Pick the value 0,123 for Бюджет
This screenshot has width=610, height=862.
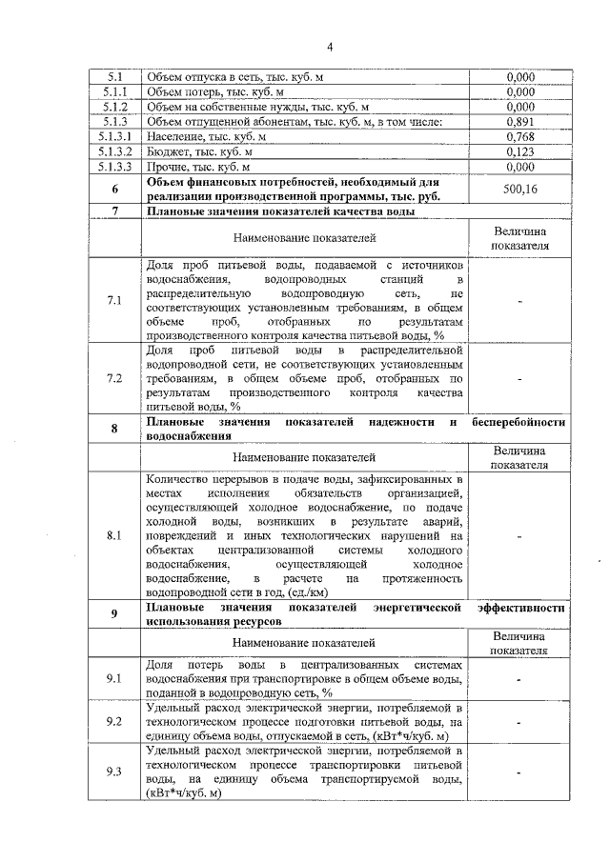coord(519,151)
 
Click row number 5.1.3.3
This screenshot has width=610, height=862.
coord(115,167)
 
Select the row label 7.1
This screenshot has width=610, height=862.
coord(114,301)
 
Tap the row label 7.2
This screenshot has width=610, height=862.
coord(114,378)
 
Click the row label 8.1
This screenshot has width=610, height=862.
coord(114,536)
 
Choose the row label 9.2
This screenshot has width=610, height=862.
coord(114,722)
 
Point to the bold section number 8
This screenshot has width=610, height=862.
coord(114,429)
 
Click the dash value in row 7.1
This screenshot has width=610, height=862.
coord(519,301)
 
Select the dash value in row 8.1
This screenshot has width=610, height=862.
coord(519,536)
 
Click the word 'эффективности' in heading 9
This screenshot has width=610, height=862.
coord(520,607)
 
